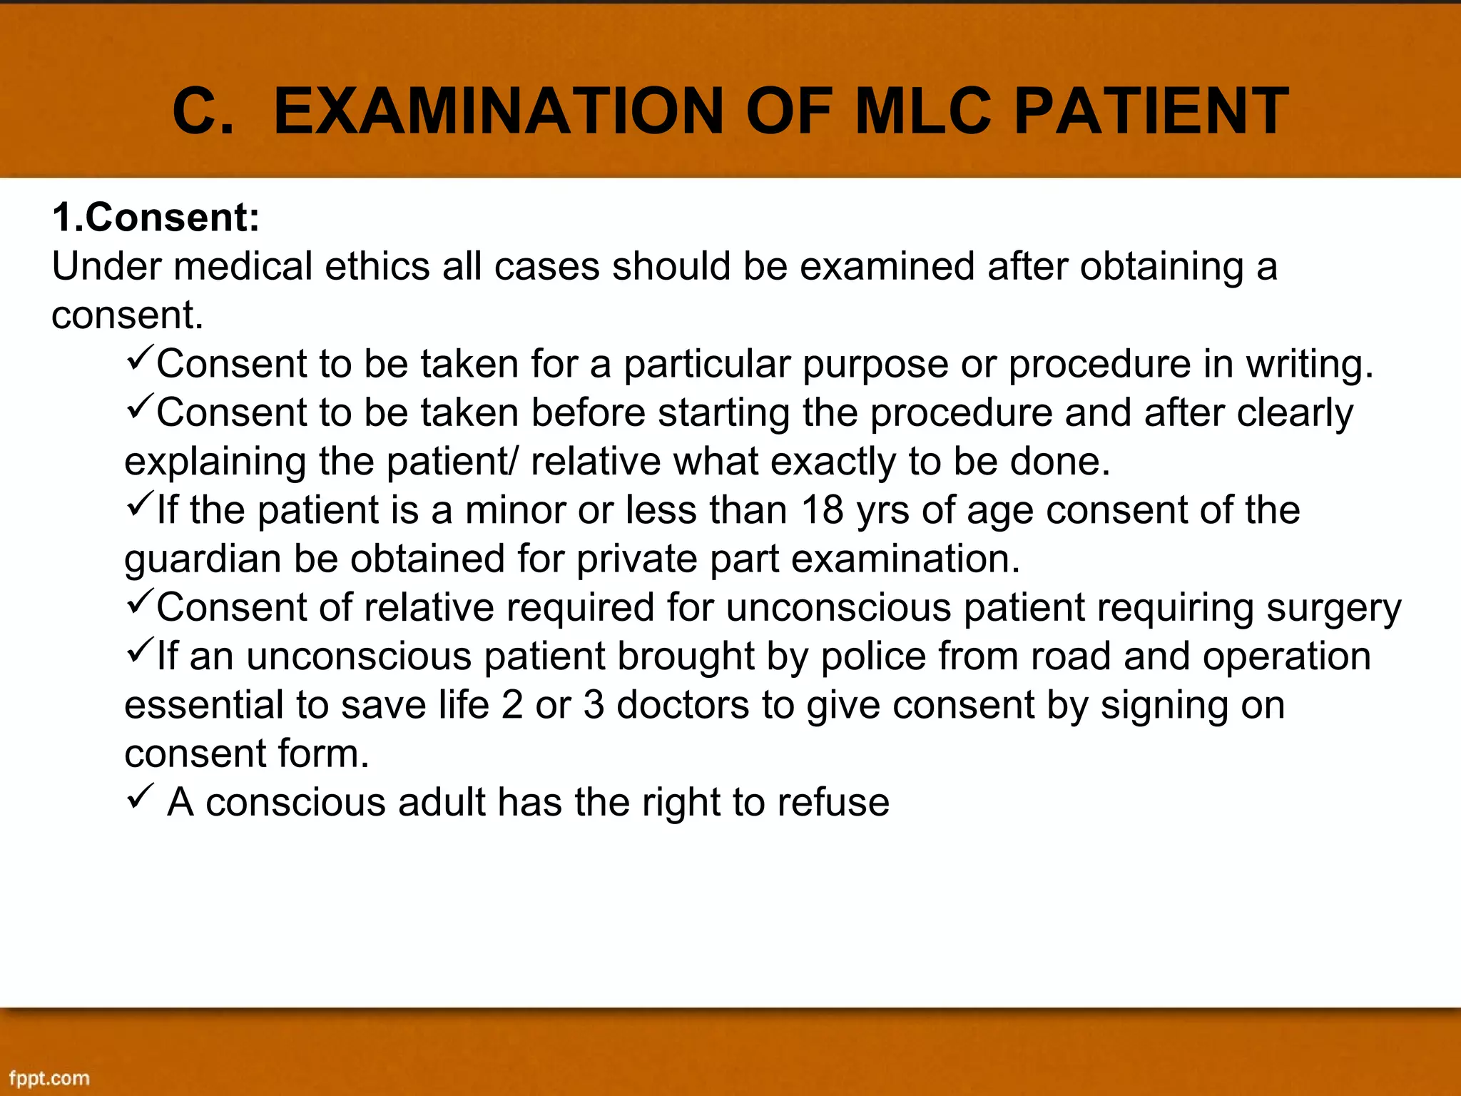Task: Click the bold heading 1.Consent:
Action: point(156,217)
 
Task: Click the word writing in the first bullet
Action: point(1308,365)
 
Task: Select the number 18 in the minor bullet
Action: point(823,510)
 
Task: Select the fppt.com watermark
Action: point(49,1077)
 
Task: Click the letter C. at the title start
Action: point(203,111)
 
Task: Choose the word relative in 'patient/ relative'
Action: point(596,462)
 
